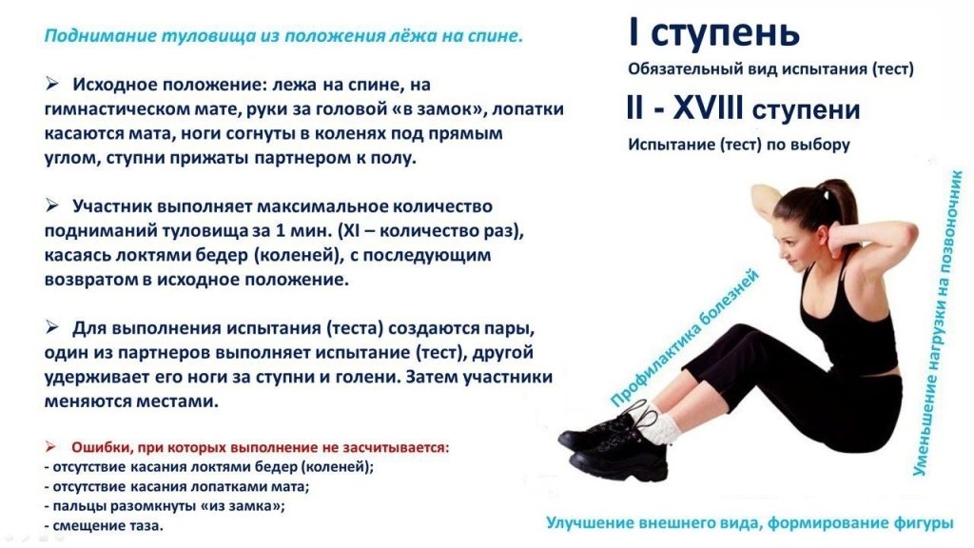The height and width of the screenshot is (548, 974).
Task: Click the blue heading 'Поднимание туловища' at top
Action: (282, 37)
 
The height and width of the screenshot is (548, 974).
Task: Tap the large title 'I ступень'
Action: (713, 34)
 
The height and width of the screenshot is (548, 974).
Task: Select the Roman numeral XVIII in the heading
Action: (708, 108)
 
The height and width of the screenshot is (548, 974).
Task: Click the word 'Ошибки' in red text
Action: (99, 446)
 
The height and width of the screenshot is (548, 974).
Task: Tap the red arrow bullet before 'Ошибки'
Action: (53, 446)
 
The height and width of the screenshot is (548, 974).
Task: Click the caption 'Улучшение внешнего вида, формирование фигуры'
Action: (750, 523)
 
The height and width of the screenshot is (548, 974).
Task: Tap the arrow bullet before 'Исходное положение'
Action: (53, 84)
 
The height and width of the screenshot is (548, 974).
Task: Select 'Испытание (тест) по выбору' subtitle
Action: (738, 145)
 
